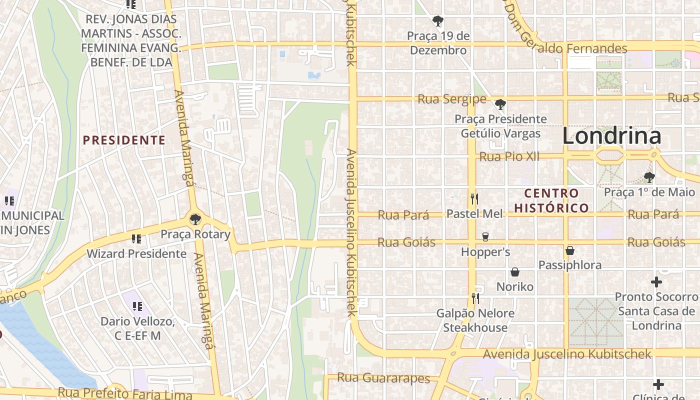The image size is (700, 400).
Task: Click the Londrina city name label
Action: [x=611, y=136]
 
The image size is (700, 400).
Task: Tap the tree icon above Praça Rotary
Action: [x=195, y=219]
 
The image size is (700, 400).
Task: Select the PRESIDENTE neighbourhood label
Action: [x=124, y=140]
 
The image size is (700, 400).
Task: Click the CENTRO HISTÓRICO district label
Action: [x=551, y=200]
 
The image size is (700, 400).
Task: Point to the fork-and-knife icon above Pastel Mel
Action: [x=474, y=199]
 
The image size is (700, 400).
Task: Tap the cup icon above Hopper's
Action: [x=485, y=236]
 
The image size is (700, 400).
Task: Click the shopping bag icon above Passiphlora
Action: [x=569, y=250]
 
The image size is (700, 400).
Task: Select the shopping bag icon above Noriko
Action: [x=514, y=272]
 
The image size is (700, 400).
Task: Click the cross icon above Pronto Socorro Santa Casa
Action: [x=656, y=282]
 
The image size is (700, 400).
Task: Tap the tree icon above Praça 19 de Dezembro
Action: [x=438, y=21]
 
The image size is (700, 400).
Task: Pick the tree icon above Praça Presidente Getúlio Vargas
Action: [x=500, y=104]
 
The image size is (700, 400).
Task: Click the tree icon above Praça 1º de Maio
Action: [x=649, y=177]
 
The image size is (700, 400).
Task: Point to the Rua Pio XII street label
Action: [x=509, y=157]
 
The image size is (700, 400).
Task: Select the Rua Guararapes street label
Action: [x=383, y=378]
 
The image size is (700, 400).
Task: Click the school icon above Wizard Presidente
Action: [x=136, y=239]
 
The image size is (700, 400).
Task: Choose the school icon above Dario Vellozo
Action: [x=137, y=306]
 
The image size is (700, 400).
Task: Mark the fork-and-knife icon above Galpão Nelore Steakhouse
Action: [x=475, y=298]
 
